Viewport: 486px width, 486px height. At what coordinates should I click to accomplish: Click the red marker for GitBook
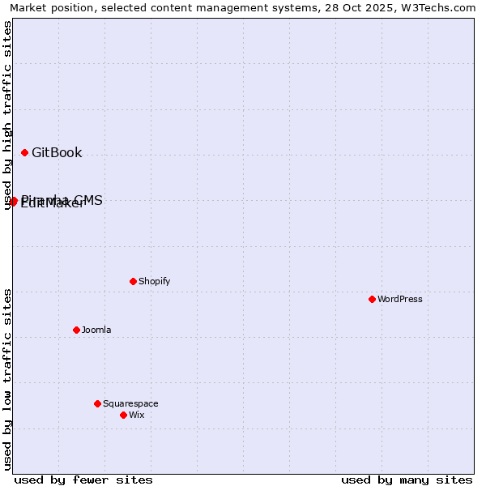pyautogui.click(x=24, y=152)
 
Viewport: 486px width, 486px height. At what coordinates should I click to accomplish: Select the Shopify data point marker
pyautogui.click(x=133, y=281)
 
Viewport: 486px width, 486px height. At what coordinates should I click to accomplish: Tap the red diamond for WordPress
pyautogui.click(x=372, y=299)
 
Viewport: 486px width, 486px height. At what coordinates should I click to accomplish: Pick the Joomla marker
pyautogui.click(x=76, y=330)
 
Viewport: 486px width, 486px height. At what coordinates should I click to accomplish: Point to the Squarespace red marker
pyautogui.click(x=97, y=403)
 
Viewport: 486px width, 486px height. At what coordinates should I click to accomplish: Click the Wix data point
pyautogui.click(x=123, y=415)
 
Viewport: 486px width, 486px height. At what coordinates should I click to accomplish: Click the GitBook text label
pyautogui.click(x=57, y=152)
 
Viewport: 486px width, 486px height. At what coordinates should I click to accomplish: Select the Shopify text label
pyautogui.click(x=154, y=281)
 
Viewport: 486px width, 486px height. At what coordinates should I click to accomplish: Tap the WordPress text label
pyautogui.click(x=400, y=299)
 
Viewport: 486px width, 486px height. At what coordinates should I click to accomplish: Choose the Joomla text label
pyautogui.click(x=96, y=330)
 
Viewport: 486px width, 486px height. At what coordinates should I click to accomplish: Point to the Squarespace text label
pyautogui.click(x=130, y=403)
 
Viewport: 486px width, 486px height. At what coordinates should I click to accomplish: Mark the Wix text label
pyautogui.click(x=136, y=415)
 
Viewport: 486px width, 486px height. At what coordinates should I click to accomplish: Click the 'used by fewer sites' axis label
pyautogui.click(x=83, y=480)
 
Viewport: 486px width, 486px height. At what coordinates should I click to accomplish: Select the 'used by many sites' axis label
pyautogui.click(x=407, y=480)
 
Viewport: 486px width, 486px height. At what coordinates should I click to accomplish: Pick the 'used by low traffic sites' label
pyautogui.click(x=8, y=379)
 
